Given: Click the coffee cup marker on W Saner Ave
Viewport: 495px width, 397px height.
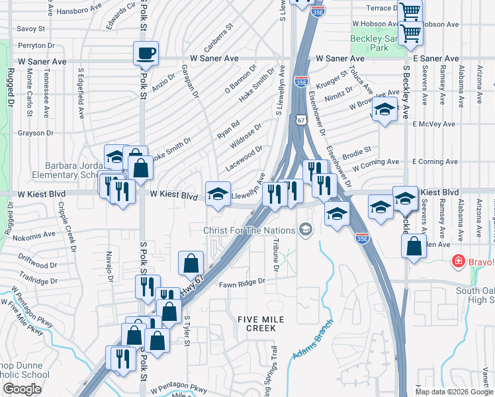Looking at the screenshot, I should click(146, 54).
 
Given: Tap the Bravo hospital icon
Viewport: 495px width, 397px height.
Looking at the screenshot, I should click(457, 262).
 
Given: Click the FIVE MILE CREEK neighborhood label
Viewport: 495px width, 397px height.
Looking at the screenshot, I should click(261, 324).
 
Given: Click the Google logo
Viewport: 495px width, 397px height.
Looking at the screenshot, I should click(22, 389).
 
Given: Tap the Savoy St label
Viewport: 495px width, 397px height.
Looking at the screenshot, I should click(30, 29).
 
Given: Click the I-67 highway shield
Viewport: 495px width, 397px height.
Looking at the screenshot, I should click(301, 120).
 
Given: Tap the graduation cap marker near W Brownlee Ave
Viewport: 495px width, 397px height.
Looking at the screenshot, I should click(383, 110).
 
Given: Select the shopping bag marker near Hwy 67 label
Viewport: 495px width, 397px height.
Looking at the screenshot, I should click(191, 263).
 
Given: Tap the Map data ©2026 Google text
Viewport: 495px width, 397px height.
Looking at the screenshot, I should click(454, 392).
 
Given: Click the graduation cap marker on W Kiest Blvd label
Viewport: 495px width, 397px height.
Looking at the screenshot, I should click(218, 193).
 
